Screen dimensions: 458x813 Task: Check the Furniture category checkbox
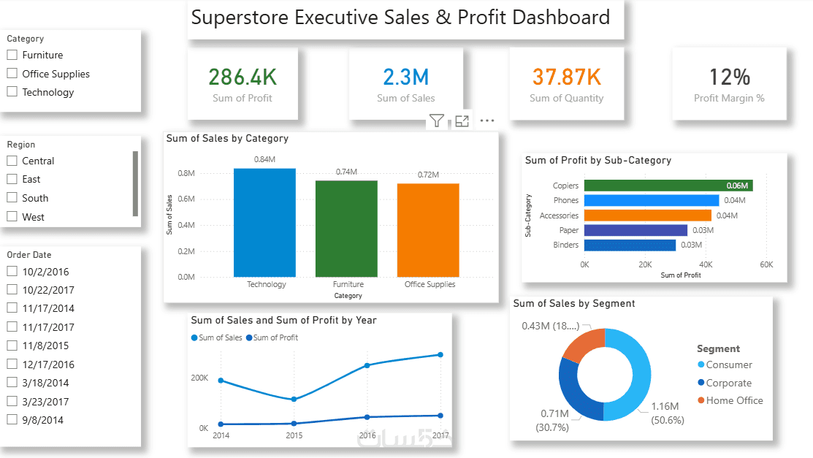12,55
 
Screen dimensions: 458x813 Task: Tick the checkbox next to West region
12,217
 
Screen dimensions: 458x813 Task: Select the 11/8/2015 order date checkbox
12,346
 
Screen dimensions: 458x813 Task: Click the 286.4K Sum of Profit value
243,77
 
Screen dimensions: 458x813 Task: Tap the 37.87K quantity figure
566,77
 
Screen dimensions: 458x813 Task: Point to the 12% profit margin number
729,77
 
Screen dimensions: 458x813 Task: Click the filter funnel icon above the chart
437,121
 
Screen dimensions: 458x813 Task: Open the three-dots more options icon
487,121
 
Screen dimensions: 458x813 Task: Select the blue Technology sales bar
264,223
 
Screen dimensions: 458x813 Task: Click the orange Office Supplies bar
428,230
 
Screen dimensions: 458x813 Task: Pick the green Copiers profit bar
668,186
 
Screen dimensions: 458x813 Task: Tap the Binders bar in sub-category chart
630,245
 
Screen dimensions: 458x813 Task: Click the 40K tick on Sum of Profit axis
706,264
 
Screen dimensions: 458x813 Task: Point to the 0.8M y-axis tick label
186,173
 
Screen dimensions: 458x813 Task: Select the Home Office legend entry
733,400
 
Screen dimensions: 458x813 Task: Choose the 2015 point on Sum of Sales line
294,400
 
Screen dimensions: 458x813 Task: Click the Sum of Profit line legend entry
275,337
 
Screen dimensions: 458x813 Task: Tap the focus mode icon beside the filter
462,121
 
